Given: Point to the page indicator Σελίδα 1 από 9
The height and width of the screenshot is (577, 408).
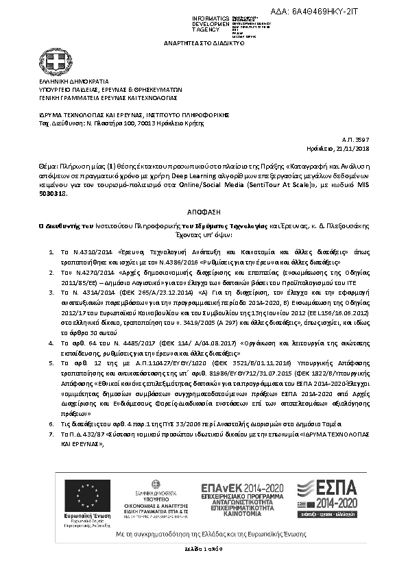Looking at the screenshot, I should click(204, 550).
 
